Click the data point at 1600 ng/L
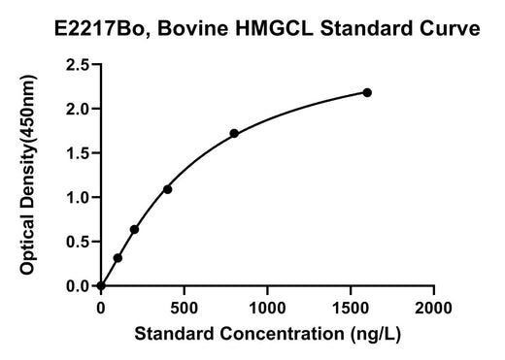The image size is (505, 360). [367, 92]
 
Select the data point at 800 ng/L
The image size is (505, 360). [234, 133]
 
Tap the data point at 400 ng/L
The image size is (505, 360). [167, 189]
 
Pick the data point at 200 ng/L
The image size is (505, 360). [134, 229]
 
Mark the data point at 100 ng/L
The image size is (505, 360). [118, 258]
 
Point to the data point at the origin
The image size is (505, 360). [101, 286]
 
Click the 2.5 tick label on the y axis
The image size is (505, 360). [78, 65]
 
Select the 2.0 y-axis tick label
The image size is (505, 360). [78, 109]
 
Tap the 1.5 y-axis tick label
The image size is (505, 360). [78, 153]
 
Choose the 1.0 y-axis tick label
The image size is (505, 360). [78, 197]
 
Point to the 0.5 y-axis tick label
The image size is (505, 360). [78, 242]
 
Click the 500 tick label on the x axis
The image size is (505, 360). [184, 308]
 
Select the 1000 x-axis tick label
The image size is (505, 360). [267, 308]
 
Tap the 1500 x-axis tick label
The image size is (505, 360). [351, 308]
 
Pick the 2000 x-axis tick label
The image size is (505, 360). [433, 308]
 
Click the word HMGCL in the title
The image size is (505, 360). [274, 28]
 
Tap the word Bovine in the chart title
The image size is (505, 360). [193, 28]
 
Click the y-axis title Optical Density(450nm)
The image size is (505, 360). [28, 175]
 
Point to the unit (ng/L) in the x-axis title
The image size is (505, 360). [376, 334]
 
